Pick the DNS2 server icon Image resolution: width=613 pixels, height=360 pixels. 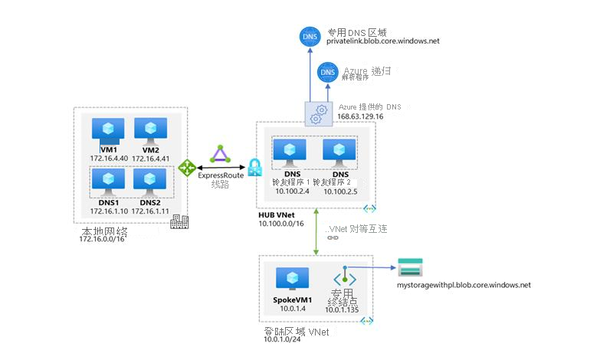[x=148, y=180]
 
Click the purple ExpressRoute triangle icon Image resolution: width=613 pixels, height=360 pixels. [x=221, y=155]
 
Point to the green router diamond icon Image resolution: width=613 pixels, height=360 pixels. [x=187, y=166]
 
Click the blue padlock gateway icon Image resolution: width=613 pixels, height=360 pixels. [x=254, y=166]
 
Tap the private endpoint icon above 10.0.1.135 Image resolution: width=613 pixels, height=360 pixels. [x=345, y=277]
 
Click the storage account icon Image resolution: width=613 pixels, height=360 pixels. [x=410, y=268]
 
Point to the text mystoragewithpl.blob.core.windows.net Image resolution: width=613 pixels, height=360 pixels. [x=464, y=285]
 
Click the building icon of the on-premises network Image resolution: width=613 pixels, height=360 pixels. [x=180, y=222]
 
